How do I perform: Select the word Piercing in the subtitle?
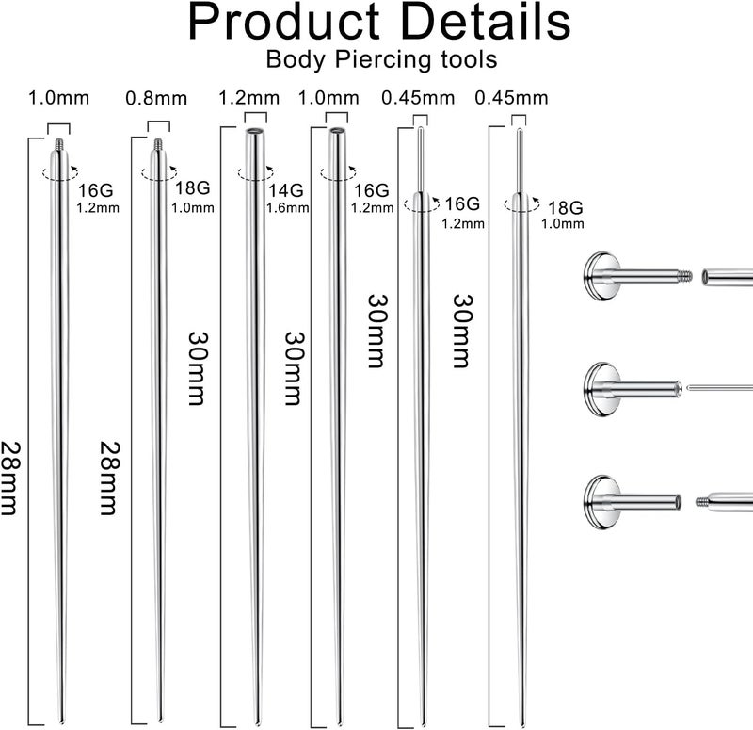(x=378, y=59)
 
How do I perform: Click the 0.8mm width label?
(x=156, y=98)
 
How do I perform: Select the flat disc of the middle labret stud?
(x=592, y=387)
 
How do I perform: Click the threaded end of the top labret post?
(x=686, y=277)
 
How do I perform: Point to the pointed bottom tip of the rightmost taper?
(x=521, y=721)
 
